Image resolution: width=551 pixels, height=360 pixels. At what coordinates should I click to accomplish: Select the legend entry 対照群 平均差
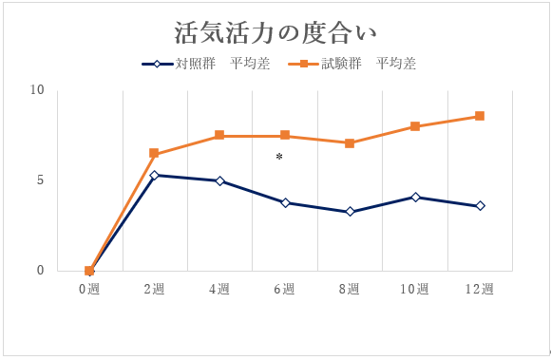click(199, 65)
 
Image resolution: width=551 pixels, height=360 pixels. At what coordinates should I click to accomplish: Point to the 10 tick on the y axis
click(37, 90)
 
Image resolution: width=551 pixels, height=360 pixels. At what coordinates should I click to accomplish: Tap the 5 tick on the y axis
click(41, 180)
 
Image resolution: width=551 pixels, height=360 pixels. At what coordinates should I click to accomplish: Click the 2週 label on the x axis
click(154, 289)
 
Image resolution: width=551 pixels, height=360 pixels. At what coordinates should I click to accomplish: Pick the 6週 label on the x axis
click(285, 289)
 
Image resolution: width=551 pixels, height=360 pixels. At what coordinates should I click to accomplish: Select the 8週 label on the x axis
click(350, 289)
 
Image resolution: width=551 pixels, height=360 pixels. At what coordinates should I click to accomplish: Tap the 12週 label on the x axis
click(480, 289)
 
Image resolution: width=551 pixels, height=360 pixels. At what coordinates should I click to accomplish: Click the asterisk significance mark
click(279, 158)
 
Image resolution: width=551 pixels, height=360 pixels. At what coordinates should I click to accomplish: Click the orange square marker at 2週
click(154, 153)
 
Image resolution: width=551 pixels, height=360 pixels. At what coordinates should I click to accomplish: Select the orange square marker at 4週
click(219, 136)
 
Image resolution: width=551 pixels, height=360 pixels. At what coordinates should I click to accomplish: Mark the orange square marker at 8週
click(350, 143)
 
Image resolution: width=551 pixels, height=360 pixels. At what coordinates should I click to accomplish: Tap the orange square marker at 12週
click(480, 116)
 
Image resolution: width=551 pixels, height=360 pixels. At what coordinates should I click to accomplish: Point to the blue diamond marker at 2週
click(154, 175)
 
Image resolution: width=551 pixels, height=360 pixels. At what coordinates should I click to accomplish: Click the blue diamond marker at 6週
click(285, 202)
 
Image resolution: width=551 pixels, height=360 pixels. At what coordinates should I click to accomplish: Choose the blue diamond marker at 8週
click(350, 212)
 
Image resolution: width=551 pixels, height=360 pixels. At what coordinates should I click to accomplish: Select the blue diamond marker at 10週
click(415, 197)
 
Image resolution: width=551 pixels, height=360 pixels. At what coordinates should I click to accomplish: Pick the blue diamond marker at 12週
click(480, 206)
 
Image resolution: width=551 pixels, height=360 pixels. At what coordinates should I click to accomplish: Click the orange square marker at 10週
click(415, 126)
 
